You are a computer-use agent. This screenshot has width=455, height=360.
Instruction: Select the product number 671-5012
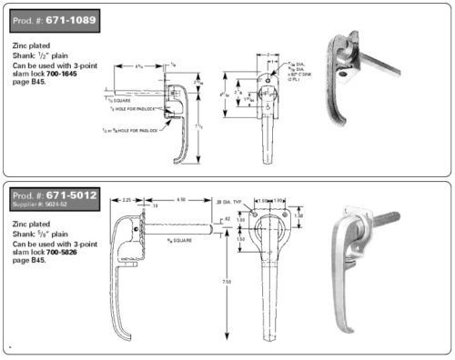tap(82, 195)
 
